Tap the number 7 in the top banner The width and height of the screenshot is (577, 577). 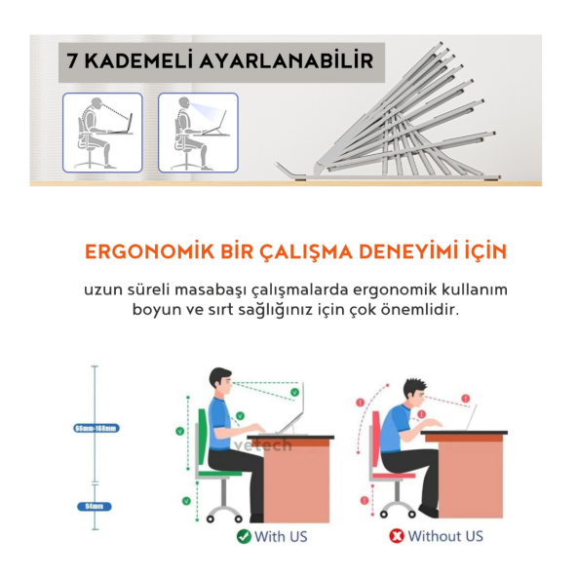point(73,60)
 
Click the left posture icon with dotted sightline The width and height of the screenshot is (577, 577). point(102,133)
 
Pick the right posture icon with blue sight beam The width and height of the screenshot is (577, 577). point(198,133)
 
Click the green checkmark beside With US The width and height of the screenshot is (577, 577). point(244,536)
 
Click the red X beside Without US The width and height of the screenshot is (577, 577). point(397,536)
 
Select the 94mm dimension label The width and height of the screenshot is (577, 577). point(95,506)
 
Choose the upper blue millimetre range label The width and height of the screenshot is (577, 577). point(96,428)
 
